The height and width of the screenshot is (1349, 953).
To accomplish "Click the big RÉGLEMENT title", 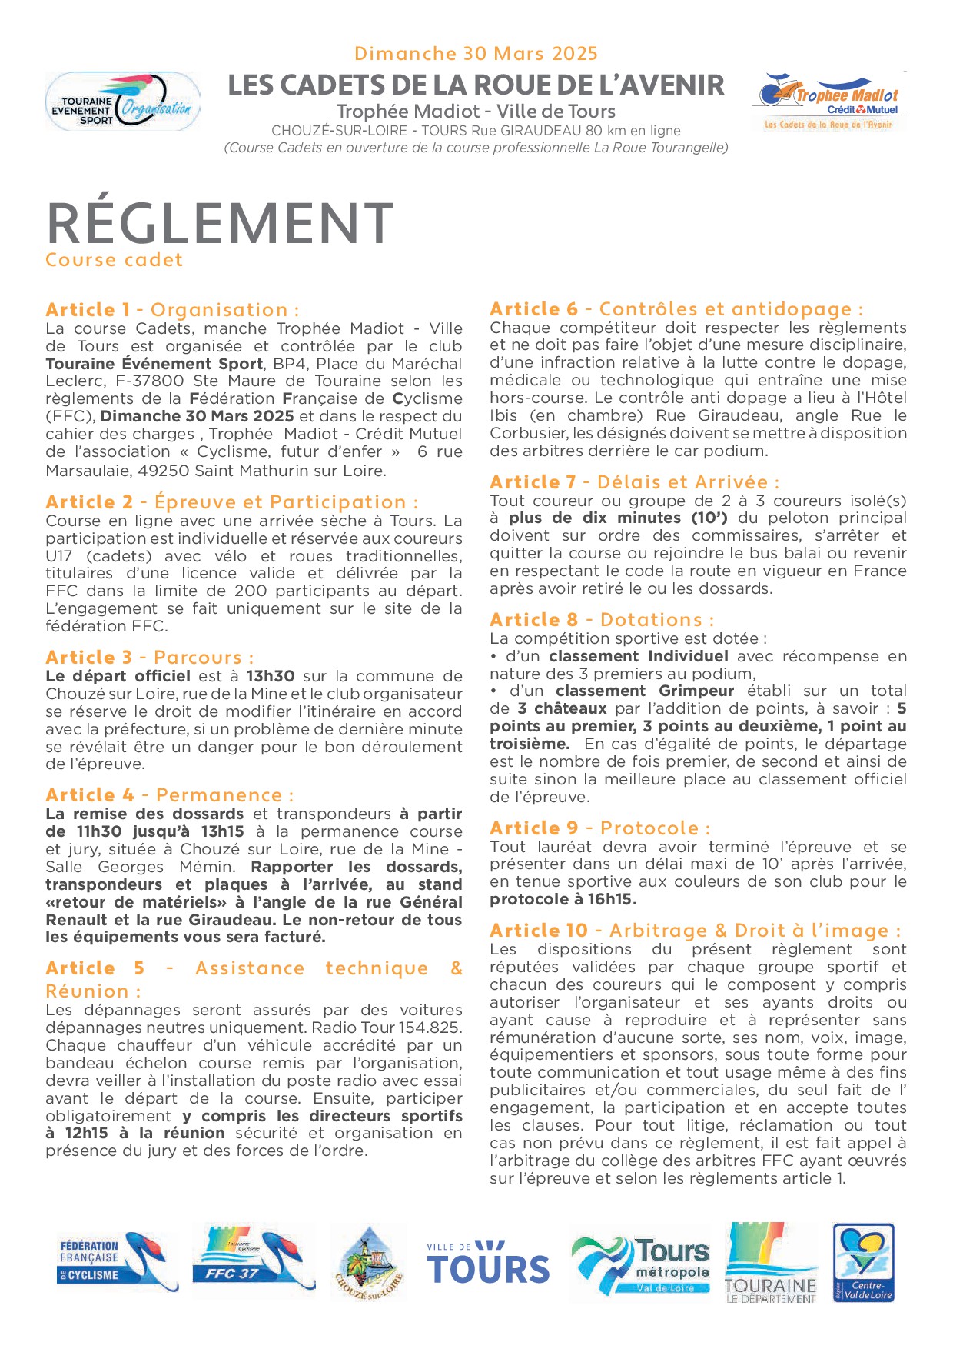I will click(220, 224).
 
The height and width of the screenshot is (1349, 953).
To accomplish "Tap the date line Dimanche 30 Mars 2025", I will click(476, 54).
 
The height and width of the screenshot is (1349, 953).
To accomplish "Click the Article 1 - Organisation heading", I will click(172, 310).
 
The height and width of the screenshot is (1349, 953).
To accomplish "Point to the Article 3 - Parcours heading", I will click(149, 658).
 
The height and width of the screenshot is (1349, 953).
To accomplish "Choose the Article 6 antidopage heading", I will click(676, 309).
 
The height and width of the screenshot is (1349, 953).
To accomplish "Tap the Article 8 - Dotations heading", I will click(602, 620).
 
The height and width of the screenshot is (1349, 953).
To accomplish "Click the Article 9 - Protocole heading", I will click(599, 828).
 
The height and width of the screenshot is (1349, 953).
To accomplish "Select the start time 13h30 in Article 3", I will click(271, 676).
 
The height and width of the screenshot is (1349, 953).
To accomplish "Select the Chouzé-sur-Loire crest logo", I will click(370, 1264).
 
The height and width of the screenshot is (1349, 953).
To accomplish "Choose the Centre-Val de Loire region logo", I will click(864, 1262).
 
